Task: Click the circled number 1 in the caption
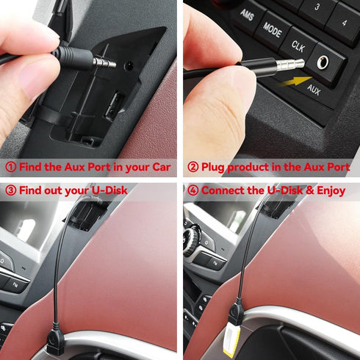pyautogui.click(x=10, y=168)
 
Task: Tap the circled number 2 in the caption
pyautogui.click(x=192, y=168)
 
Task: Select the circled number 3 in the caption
pyautogui.click(x=10, y=190)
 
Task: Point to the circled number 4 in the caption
pyautogui.click(x=192, y=190)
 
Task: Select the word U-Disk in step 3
pyautogui.click(x=108, y=190)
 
